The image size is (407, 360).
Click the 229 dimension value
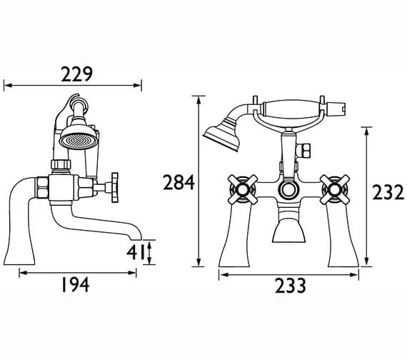point(77,74)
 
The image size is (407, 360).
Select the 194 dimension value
point(75,285)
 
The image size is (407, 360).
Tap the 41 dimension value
point(135,252)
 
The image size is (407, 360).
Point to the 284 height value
point(179,182)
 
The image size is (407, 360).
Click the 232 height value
point(388,192)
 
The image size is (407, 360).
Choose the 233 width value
point(291,286)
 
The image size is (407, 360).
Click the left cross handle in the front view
point(243,189)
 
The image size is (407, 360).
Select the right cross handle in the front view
point(335,189)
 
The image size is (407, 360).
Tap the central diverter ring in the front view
point(288,189)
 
